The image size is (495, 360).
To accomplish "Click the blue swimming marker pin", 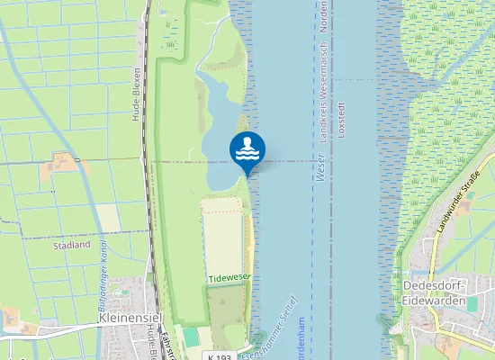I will pos(247,150).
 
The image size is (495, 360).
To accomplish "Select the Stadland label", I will pos(72,245).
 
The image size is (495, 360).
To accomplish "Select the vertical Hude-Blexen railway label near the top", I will pos(136,94).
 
